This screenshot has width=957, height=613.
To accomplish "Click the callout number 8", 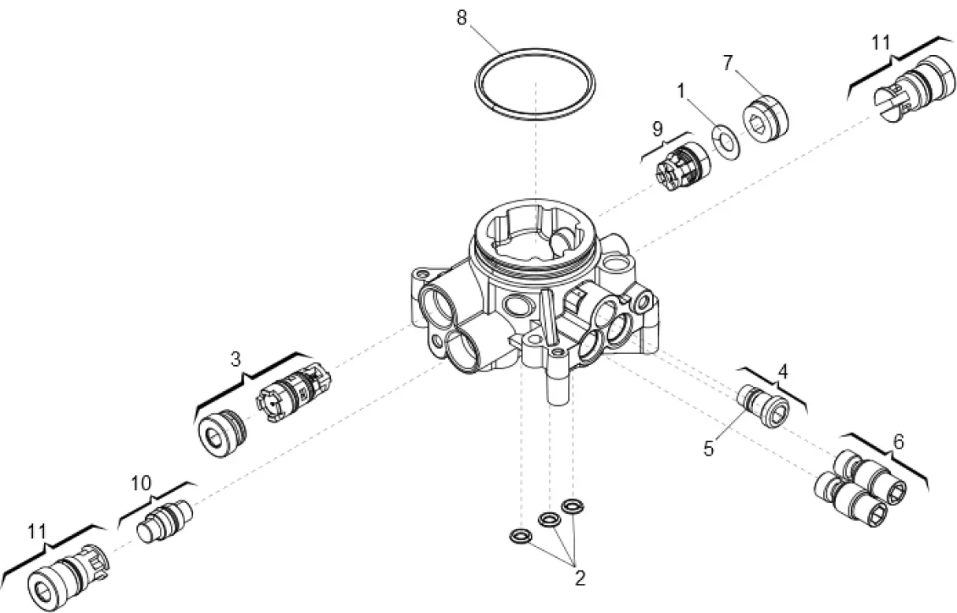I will pos(462,17).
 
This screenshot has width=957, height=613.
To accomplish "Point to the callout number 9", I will pos(657,129).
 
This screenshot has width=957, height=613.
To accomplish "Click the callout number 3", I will pos(236,360).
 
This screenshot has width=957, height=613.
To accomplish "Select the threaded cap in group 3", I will pos(221,431).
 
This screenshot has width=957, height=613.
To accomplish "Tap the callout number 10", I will pos(141,483).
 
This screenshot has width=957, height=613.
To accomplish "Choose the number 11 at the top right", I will pos(881,42).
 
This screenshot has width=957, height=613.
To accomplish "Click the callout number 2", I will pos(580,579).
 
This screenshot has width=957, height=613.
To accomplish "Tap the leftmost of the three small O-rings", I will pos(520,536).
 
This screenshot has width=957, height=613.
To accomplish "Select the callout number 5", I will pos(709,449).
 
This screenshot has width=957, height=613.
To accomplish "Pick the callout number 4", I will pos(783,369).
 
